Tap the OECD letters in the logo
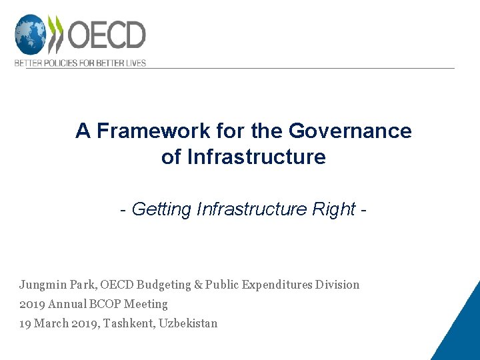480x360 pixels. tap(107, 35)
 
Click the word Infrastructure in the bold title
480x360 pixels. tap(257, 157)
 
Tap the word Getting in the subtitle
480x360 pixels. tap(162, 209)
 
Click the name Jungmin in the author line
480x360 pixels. tap(43, 285)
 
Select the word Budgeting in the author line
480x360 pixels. tap(163, 285)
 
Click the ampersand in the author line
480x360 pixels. tap(198, 285)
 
